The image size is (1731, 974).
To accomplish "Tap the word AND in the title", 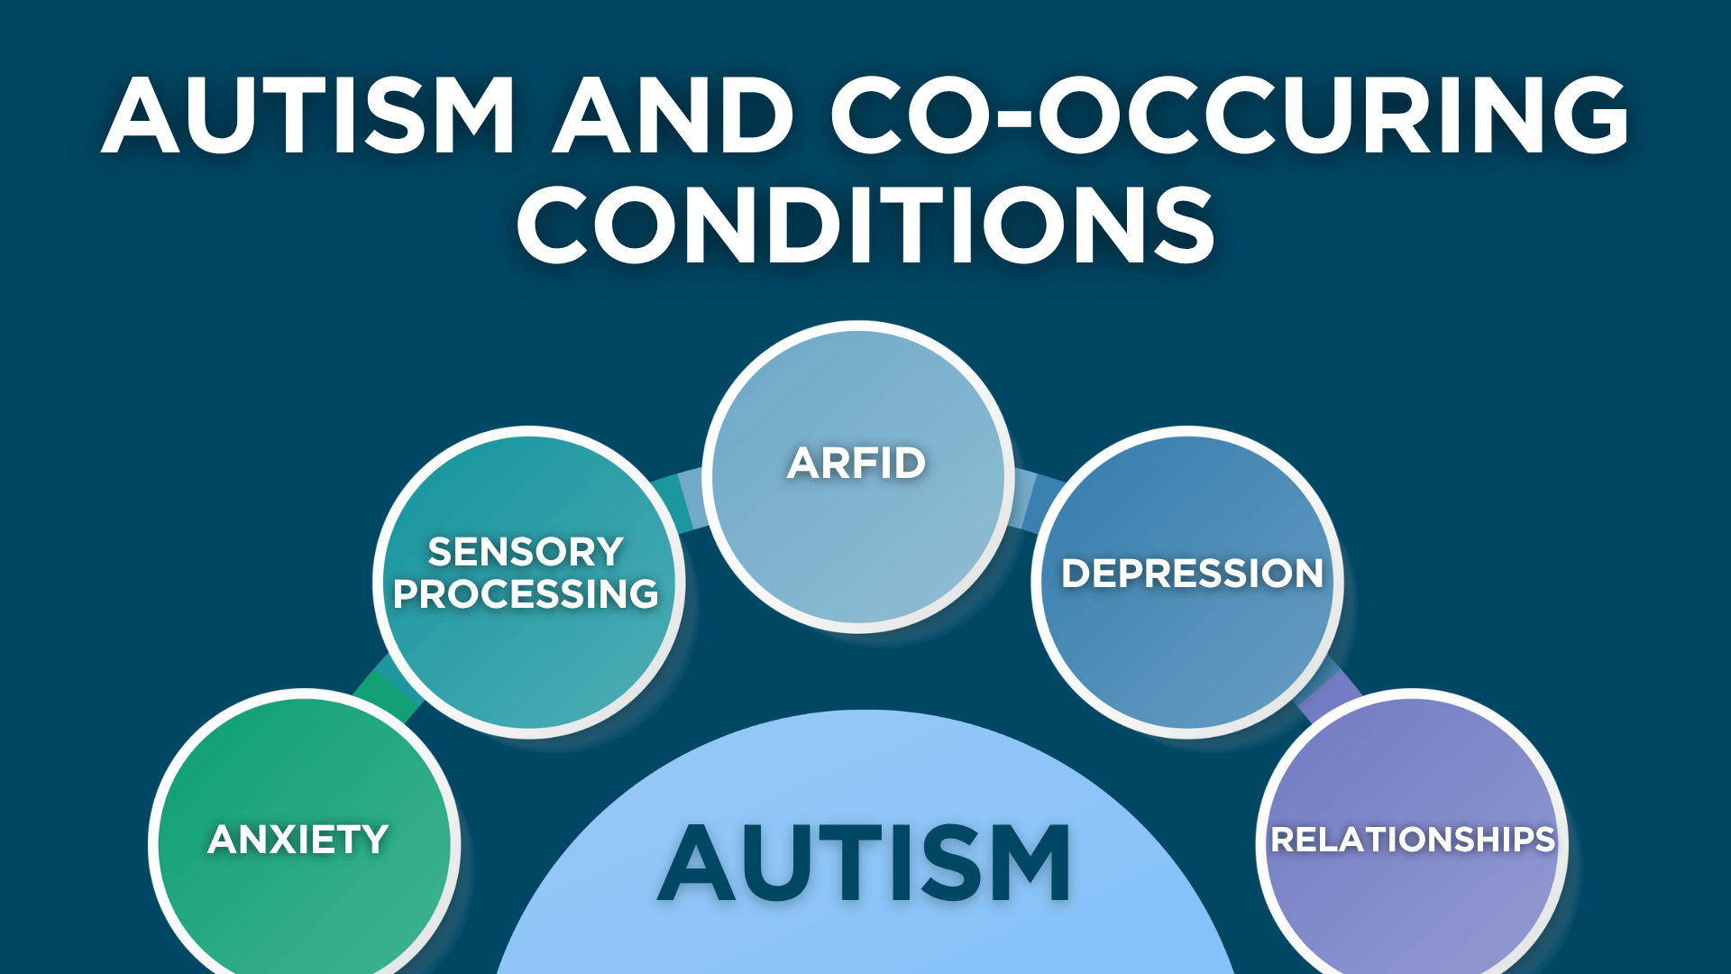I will tap(673, 115).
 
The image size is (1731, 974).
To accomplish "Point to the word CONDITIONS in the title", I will tap(865, 225).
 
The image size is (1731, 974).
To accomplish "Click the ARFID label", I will tap(856, 464).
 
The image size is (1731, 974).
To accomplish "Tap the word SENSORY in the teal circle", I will tap(526, 551).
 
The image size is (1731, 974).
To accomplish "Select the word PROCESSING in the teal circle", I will tap(526, 594).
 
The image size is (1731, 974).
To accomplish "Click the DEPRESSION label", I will tap(1192, 574).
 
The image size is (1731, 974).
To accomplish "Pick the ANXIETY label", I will tap(298, 840).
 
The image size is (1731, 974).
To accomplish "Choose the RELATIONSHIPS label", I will tap(1413, 840).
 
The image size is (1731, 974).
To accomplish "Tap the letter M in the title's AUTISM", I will tap(466, 115).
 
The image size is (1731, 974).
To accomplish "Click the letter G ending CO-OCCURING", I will tap(1581, 115).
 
